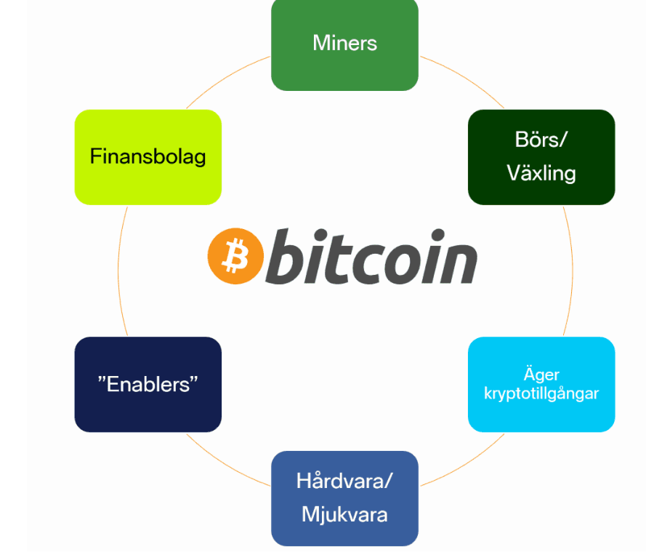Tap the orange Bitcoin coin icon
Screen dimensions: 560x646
pyautogui.click(x=235, y=256)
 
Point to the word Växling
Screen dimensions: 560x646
pyautogui.click(x=541, y=173)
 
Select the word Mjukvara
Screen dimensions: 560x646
pyautogui.click(x=344, y=515)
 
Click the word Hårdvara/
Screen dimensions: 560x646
pyautogui.click(x=344, y=481)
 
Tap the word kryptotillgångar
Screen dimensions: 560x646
pyautogui.click(x=541, y=393)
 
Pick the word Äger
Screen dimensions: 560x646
pyautogui.click(x=541, y=375)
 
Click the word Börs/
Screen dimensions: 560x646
pyautogui.click(x=541, y=140)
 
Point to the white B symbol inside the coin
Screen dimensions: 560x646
pyautogui.click(x=235, y=256)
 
